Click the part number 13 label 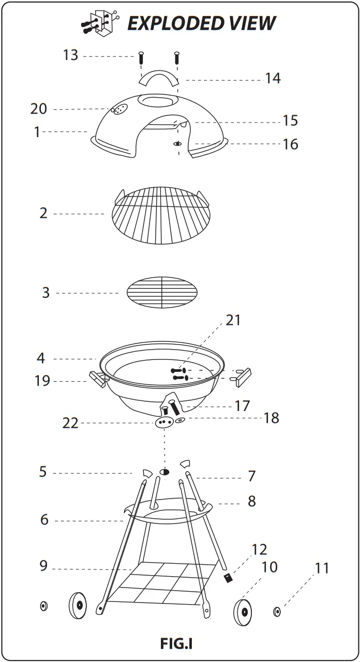pos(70,55)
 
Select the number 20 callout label pos(39,109)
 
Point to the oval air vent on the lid pos(119,110)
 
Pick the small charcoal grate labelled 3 pos(162,293)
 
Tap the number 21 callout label pos(233,320)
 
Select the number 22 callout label pos(70,423)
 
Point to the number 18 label pos(272,418)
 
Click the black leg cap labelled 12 pos(227,578)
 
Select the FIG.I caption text pos(176,643)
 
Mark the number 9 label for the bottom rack pos(44,566)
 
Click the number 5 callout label pos(43,472)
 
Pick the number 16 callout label pos(291,144)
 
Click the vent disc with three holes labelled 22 pos(163,423)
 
